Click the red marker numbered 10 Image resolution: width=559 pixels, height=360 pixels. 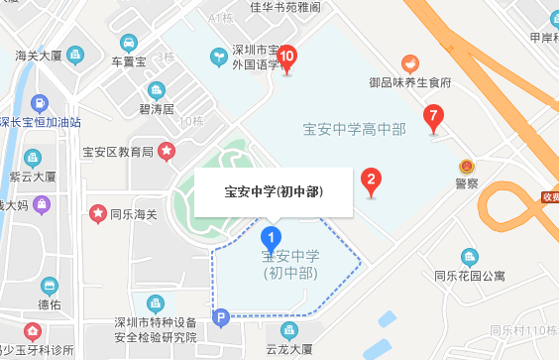click(x=287, y=58)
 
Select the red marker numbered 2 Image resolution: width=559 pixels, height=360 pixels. click(x=371, y=180)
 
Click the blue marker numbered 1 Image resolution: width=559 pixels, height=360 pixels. click(x=271, y=238)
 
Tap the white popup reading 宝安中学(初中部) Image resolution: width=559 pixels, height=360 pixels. click(x=274, y=191)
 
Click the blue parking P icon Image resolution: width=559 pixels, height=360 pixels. click(x=222, y=317)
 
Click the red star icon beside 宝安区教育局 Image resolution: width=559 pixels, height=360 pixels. click(x=168, y=151)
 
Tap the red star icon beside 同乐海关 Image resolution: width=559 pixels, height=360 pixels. click(x=98, y=212)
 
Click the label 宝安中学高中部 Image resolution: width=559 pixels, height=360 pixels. click(x=354, y=128)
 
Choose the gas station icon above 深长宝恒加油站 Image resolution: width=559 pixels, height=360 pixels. click(x=39, y=102)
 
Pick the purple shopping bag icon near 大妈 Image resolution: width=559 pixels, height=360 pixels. click(x=40, y=204)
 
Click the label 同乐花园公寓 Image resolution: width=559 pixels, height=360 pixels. click(x=469, y=277)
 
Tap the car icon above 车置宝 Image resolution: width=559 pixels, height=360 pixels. click(x=129, y=43)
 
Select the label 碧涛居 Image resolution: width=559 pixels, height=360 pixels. click(x=157, y=108)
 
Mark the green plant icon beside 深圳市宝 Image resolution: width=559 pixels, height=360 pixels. click(x=216, y=58)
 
